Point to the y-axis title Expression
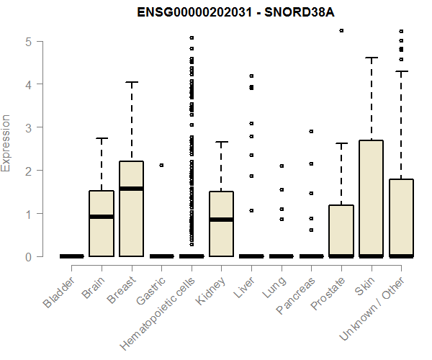(6, 143)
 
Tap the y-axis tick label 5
(28, 41)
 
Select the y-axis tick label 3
(28, 127)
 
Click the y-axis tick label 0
(28, 256)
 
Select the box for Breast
(131, 209)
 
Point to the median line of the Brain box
(102, 217)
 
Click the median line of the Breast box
(131, 189)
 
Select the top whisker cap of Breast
(131, 82)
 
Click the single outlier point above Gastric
(161, 165)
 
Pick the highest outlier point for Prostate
(341, 30)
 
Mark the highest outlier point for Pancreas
(311, 131)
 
